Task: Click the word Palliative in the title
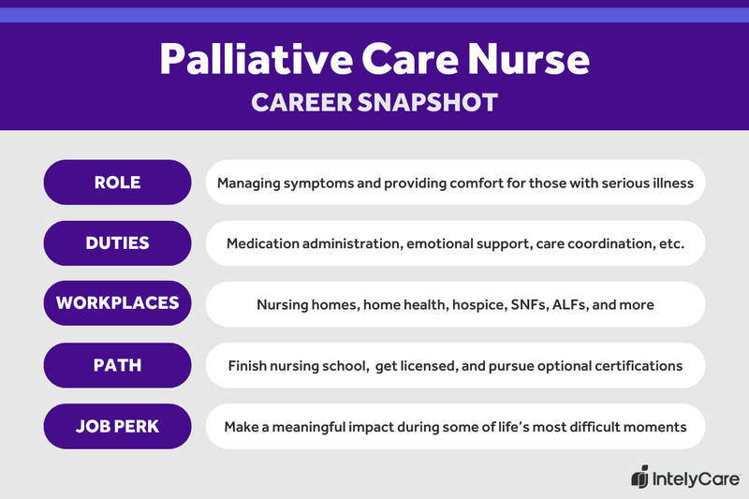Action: (x=245, y=60)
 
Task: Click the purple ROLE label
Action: (x=118, y=183)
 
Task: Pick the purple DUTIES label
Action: (x=118, y=243)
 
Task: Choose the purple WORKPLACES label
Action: (x=118, y=304)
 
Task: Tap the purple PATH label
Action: (x=118, y=365)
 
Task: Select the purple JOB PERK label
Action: (x=118, y=426)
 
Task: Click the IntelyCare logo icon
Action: (x=639, y=477)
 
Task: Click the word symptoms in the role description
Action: (x=321, y=183)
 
